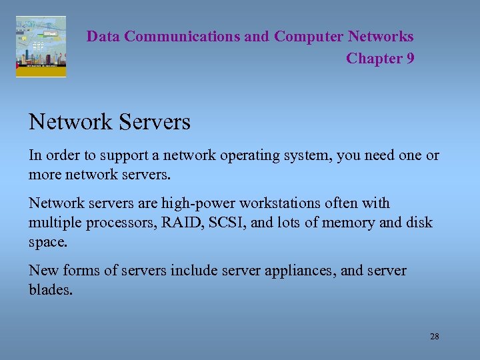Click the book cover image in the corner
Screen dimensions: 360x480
pos(41,47)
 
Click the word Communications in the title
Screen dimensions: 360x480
pos(181,37)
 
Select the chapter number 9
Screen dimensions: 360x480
pos(409,59)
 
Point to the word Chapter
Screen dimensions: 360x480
pos(374,59)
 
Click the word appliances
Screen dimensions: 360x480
pos(317,271)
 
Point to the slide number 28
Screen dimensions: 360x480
pos(434,337)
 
